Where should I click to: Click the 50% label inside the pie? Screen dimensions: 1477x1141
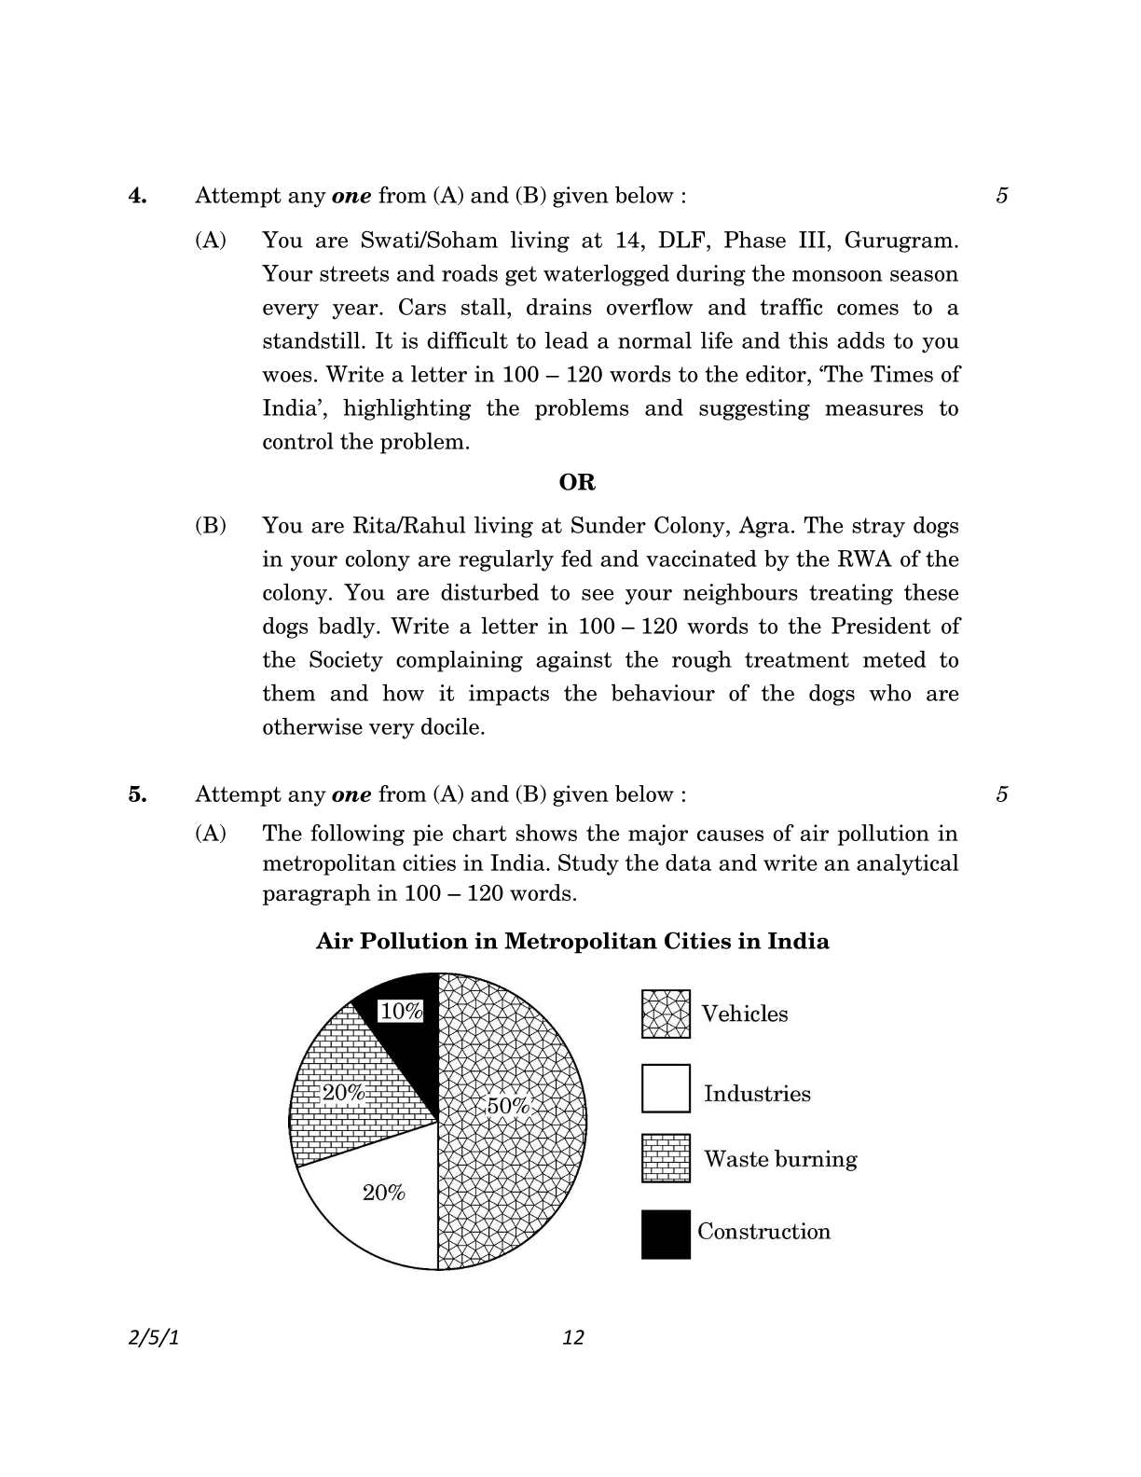coord(508,1106)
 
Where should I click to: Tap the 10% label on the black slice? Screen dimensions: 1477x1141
coord(401,1011)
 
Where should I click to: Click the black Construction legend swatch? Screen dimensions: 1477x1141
coord(666,1235)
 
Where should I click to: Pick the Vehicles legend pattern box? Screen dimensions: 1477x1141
coord(666,1014)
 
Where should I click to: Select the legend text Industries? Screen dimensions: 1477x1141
coord(757,1094)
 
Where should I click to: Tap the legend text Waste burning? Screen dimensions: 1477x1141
coord(780,1159)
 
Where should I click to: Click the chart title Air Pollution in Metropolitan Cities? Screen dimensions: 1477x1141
coord(571,941)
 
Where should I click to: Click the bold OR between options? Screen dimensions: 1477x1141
coord(577,482)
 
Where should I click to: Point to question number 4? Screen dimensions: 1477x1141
coord(138,196)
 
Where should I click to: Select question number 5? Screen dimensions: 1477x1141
coord(138,794)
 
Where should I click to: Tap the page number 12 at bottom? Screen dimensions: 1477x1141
coord(573,1337)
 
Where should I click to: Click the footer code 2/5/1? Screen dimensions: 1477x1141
coord(153,1337)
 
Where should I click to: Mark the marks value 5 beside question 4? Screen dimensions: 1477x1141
coord(1002,196)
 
